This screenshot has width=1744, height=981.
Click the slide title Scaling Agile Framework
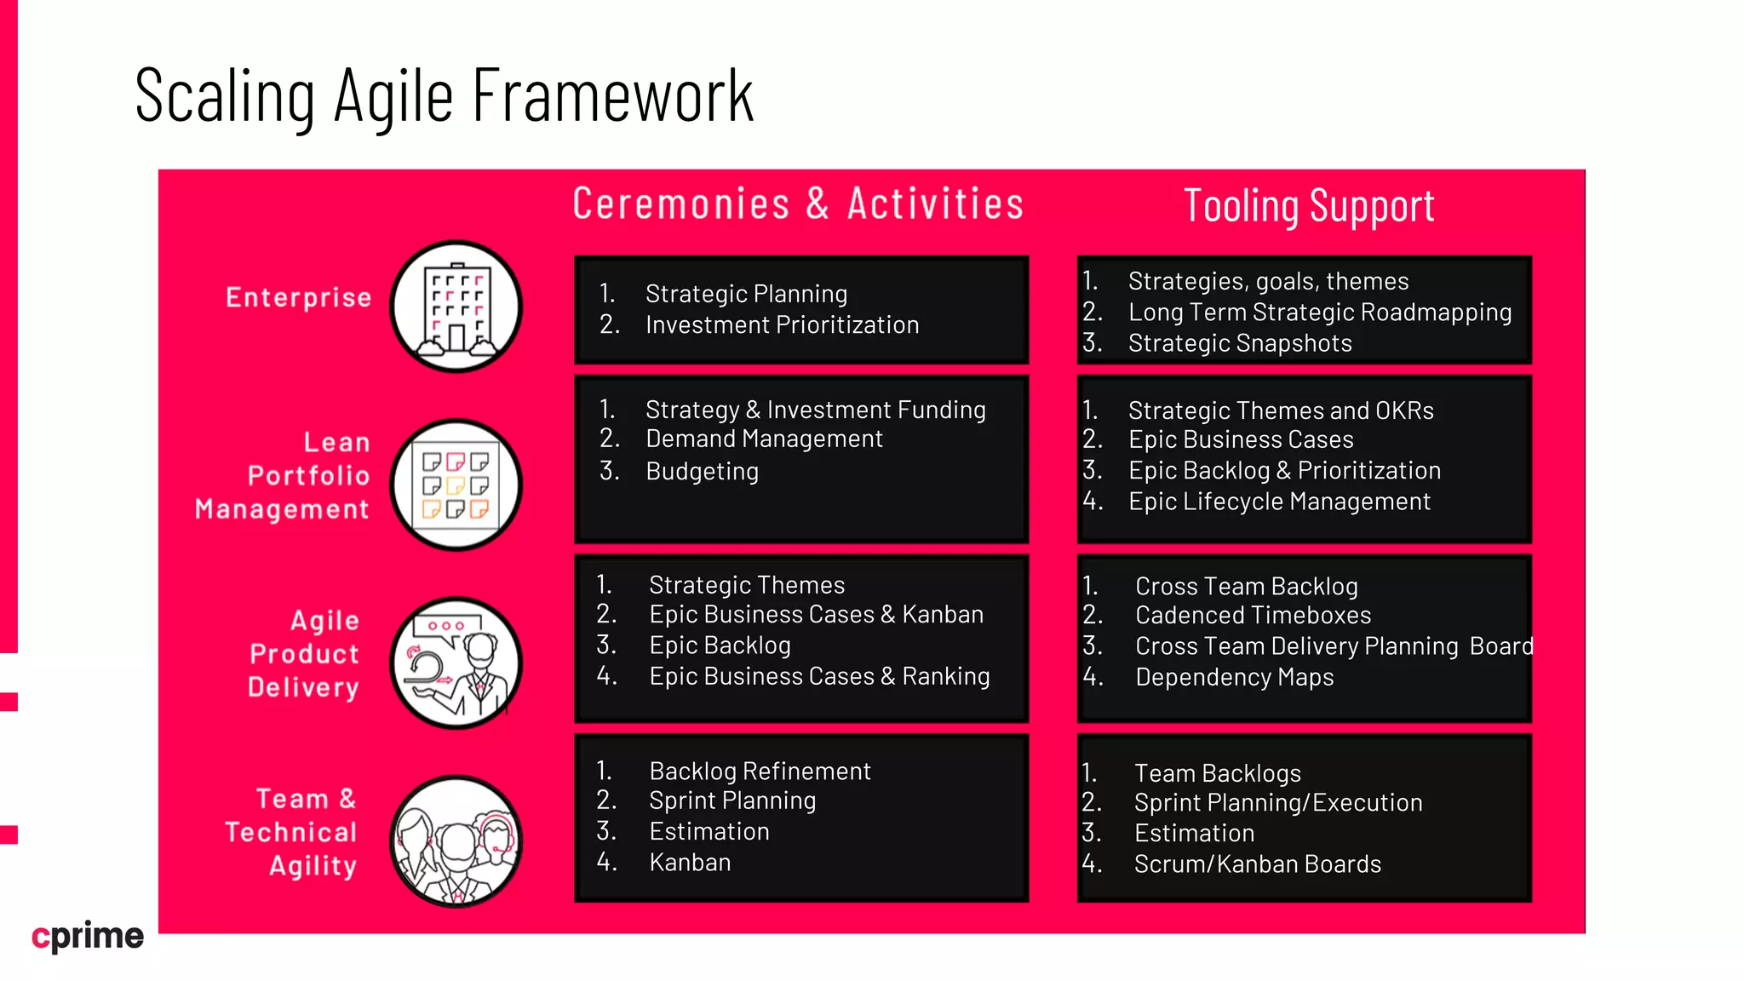pos(444,96)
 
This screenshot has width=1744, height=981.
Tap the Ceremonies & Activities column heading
pos(798,204)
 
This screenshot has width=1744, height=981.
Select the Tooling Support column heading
pos(1309,207)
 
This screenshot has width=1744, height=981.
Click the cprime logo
pos(88,936)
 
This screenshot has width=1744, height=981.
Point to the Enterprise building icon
pos(456,307)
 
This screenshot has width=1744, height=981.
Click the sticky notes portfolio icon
pos(456,485)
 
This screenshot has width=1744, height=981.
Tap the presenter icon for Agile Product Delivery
pos(456,663)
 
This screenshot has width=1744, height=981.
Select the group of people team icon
pos(456,842)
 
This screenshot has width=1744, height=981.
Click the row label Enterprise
pos(299,297)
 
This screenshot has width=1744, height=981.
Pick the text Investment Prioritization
pos(782,325)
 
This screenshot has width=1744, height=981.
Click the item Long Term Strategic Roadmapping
pos(1319,313)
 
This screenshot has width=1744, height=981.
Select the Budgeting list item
pos(702,471)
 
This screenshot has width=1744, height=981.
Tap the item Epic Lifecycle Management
pos(1279,502)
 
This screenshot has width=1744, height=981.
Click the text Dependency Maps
pos(1234,678)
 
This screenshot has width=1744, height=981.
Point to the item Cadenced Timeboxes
pos(1253,616)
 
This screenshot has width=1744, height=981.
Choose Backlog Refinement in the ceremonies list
pos(760,772)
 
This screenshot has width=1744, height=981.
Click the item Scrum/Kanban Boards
pos(1257,864)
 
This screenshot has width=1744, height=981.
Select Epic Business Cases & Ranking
pos(819,677)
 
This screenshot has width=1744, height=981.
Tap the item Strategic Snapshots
pos(1240,343)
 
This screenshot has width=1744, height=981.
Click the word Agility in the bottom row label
pos(313,866)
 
